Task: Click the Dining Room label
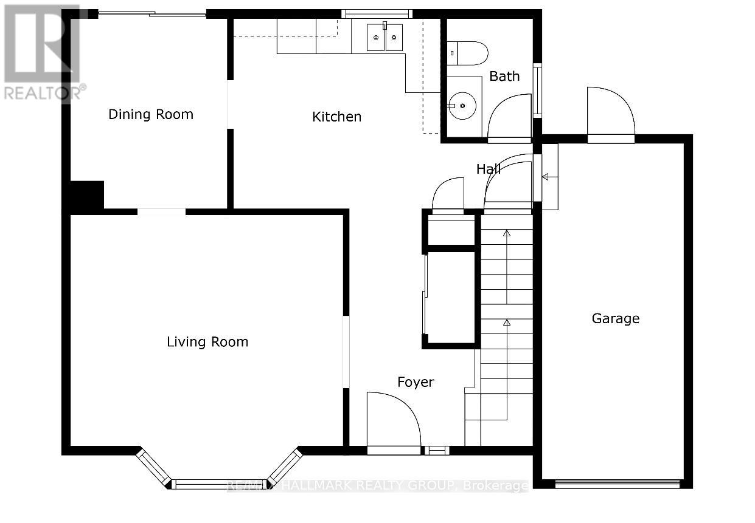coord(151,114)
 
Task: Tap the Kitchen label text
coord(336,117)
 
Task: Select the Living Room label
coord(207,342)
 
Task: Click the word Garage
coord(616,318)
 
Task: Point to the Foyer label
coord(416,382)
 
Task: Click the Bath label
coord(504,76)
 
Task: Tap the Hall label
coord(488,169)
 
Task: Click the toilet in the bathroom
coord(468,53)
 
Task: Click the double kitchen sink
coord(384,38)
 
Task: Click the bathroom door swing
coord(510,118)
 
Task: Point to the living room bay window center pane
coord(220,484)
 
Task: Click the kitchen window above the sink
coord(377,13)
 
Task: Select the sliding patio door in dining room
coord(152,14)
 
